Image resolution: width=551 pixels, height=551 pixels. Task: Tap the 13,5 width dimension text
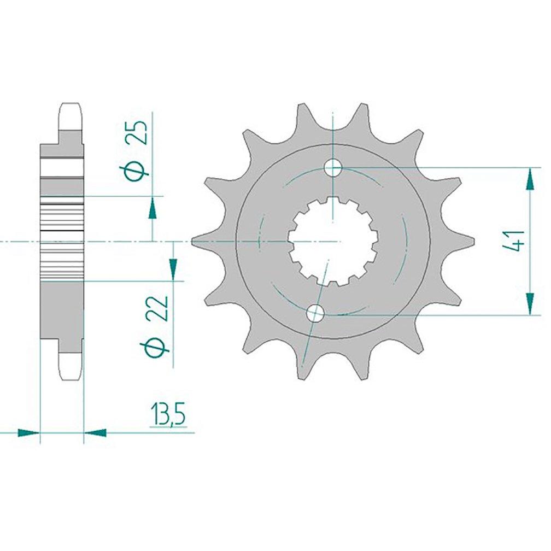167,415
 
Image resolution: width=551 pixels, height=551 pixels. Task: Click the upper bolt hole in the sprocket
332,168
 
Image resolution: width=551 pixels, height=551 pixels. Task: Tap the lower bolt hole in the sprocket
315,313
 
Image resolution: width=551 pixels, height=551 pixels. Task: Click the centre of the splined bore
332,242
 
